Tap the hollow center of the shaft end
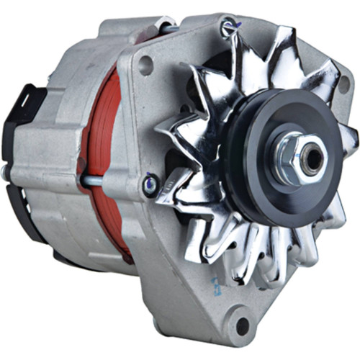tap(313, 161)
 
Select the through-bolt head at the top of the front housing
tap(229, 30)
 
